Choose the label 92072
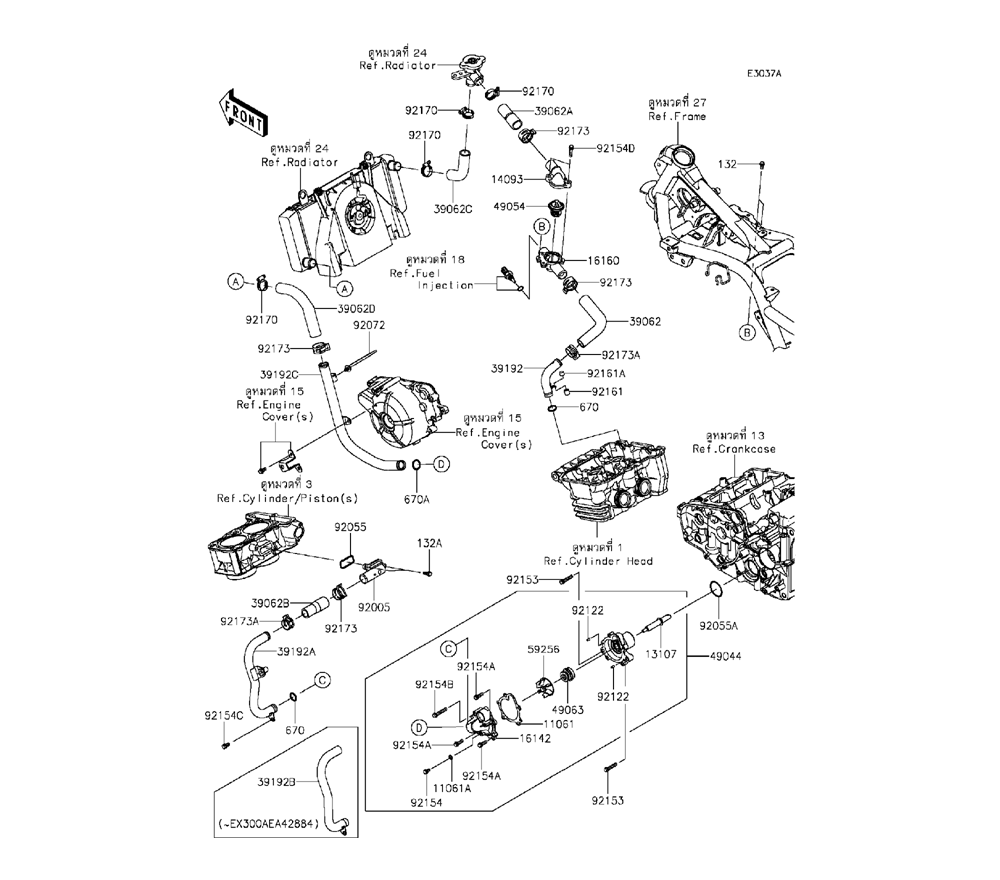(368, 325)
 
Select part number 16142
(536, 738)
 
